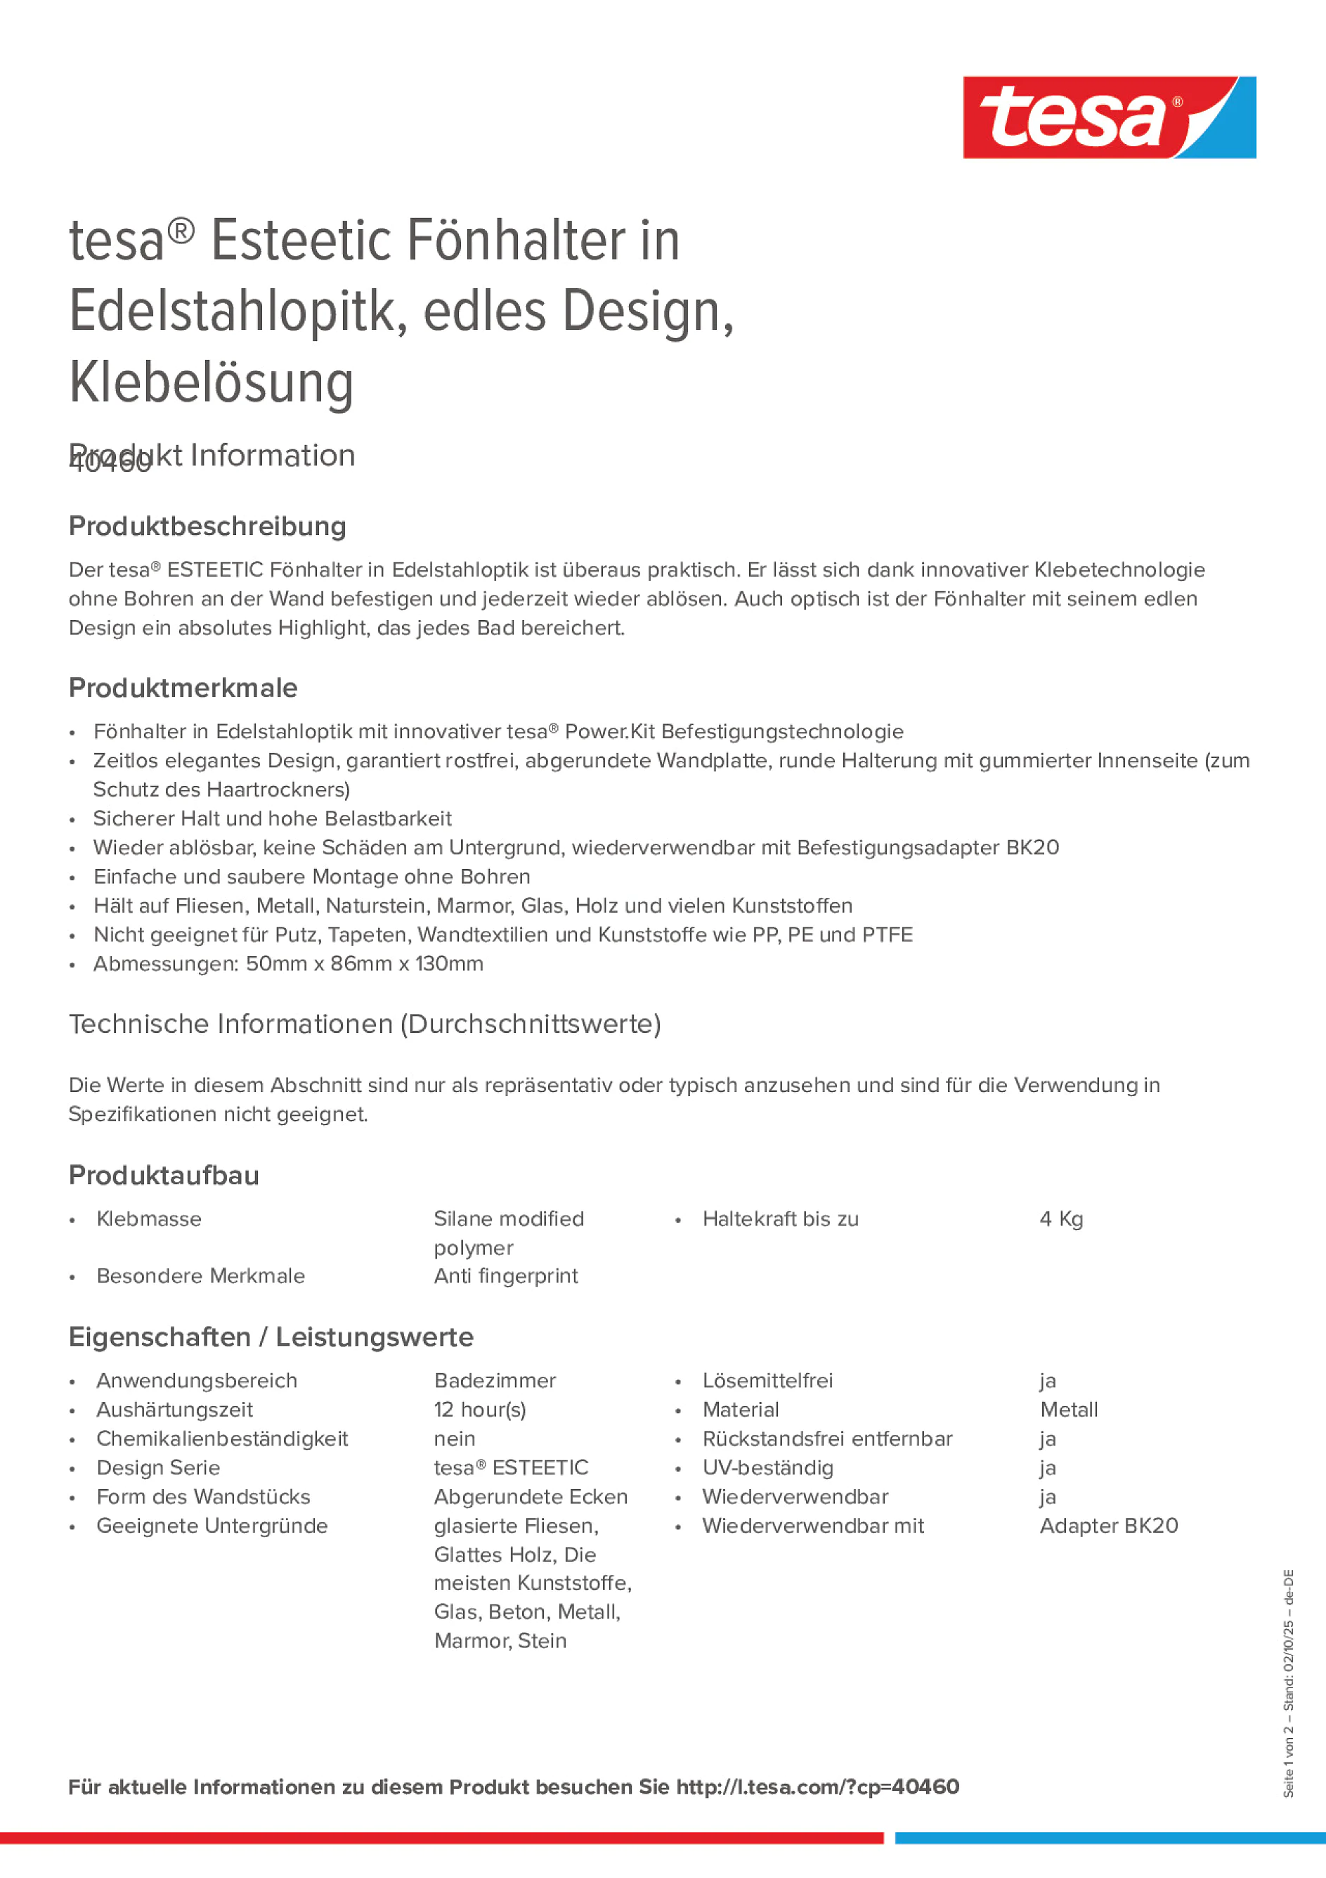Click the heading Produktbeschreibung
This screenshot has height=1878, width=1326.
(x=207, y=526)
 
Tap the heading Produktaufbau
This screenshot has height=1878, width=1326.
(x=164, y=1176)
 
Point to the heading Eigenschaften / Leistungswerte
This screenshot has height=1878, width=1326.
(x=271, y=1337)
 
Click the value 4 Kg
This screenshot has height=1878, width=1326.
(x=1060, y=1218)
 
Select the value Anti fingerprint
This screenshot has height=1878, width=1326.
(x=505, y=1276)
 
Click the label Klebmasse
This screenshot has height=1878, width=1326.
(x=148, y=1218)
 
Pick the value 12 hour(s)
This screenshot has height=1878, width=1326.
(x=480, y=1409)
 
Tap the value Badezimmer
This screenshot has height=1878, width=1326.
(x=495, y=1381)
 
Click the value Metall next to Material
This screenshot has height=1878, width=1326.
(x=1069, y=1409)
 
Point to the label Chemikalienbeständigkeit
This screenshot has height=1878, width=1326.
(x=221, y=1439)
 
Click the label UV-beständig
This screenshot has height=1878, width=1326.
(x=767, y=1467)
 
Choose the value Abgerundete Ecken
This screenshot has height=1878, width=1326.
(x=531, y=1497)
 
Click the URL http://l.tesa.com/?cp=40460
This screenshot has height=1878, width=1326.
(x=817, y=1787)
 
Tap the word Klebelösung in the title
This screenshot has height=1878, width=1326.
(x=211, y=382)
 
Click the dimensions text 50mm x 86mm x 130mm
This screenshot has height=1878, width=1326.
(x=365, y=963)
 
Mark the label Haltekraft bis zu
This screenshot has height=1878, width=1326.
(x=780, y=1218)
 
